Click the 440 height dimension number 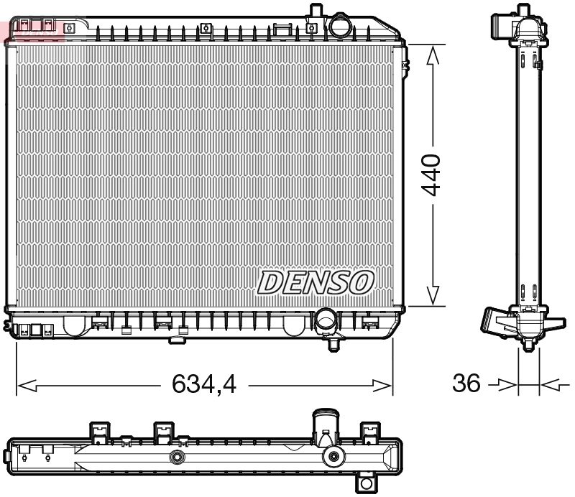431,174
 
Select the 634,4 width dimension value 204,386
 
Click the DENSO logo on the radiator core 316,282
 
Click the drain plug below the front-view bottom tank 333,344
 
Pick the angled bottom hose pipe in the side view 496,321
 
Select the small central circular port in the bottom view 175,457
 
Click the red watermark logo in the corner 32,29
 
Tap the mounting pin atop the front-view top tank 314,11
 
